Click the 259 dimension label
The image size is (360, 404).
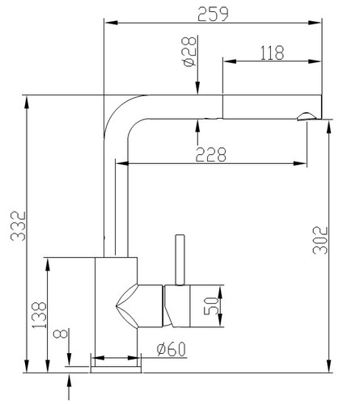[x=213, y=14]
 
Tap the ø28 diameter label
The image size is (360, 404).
[x=189, y=52]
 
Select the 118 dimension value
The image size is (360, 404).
[x=272, y=53]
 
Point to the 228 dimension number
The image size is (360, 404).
[x=211, y=154]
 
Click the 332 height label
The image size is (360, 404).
[x=18, y=225]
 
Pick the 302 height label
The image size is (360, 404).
[x=320, y=240]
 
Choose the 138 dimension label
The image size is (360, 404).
[x=39, y=315]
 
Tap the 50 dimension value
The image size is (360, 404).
[x=210, y=305]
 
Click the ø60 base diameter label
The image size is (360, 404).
[x=172, y=349]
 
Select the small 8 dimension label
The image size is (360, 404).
[x=61, y=334]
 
